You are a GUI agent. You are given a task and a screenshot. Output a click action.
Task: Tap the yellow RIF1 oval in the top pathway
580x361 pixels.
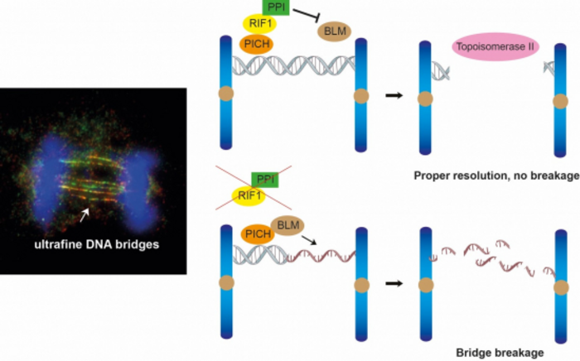coord(261,25)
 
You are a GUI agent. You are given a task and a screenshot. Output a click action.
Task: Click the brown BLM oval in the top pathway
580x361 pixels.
coord(334,31)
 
